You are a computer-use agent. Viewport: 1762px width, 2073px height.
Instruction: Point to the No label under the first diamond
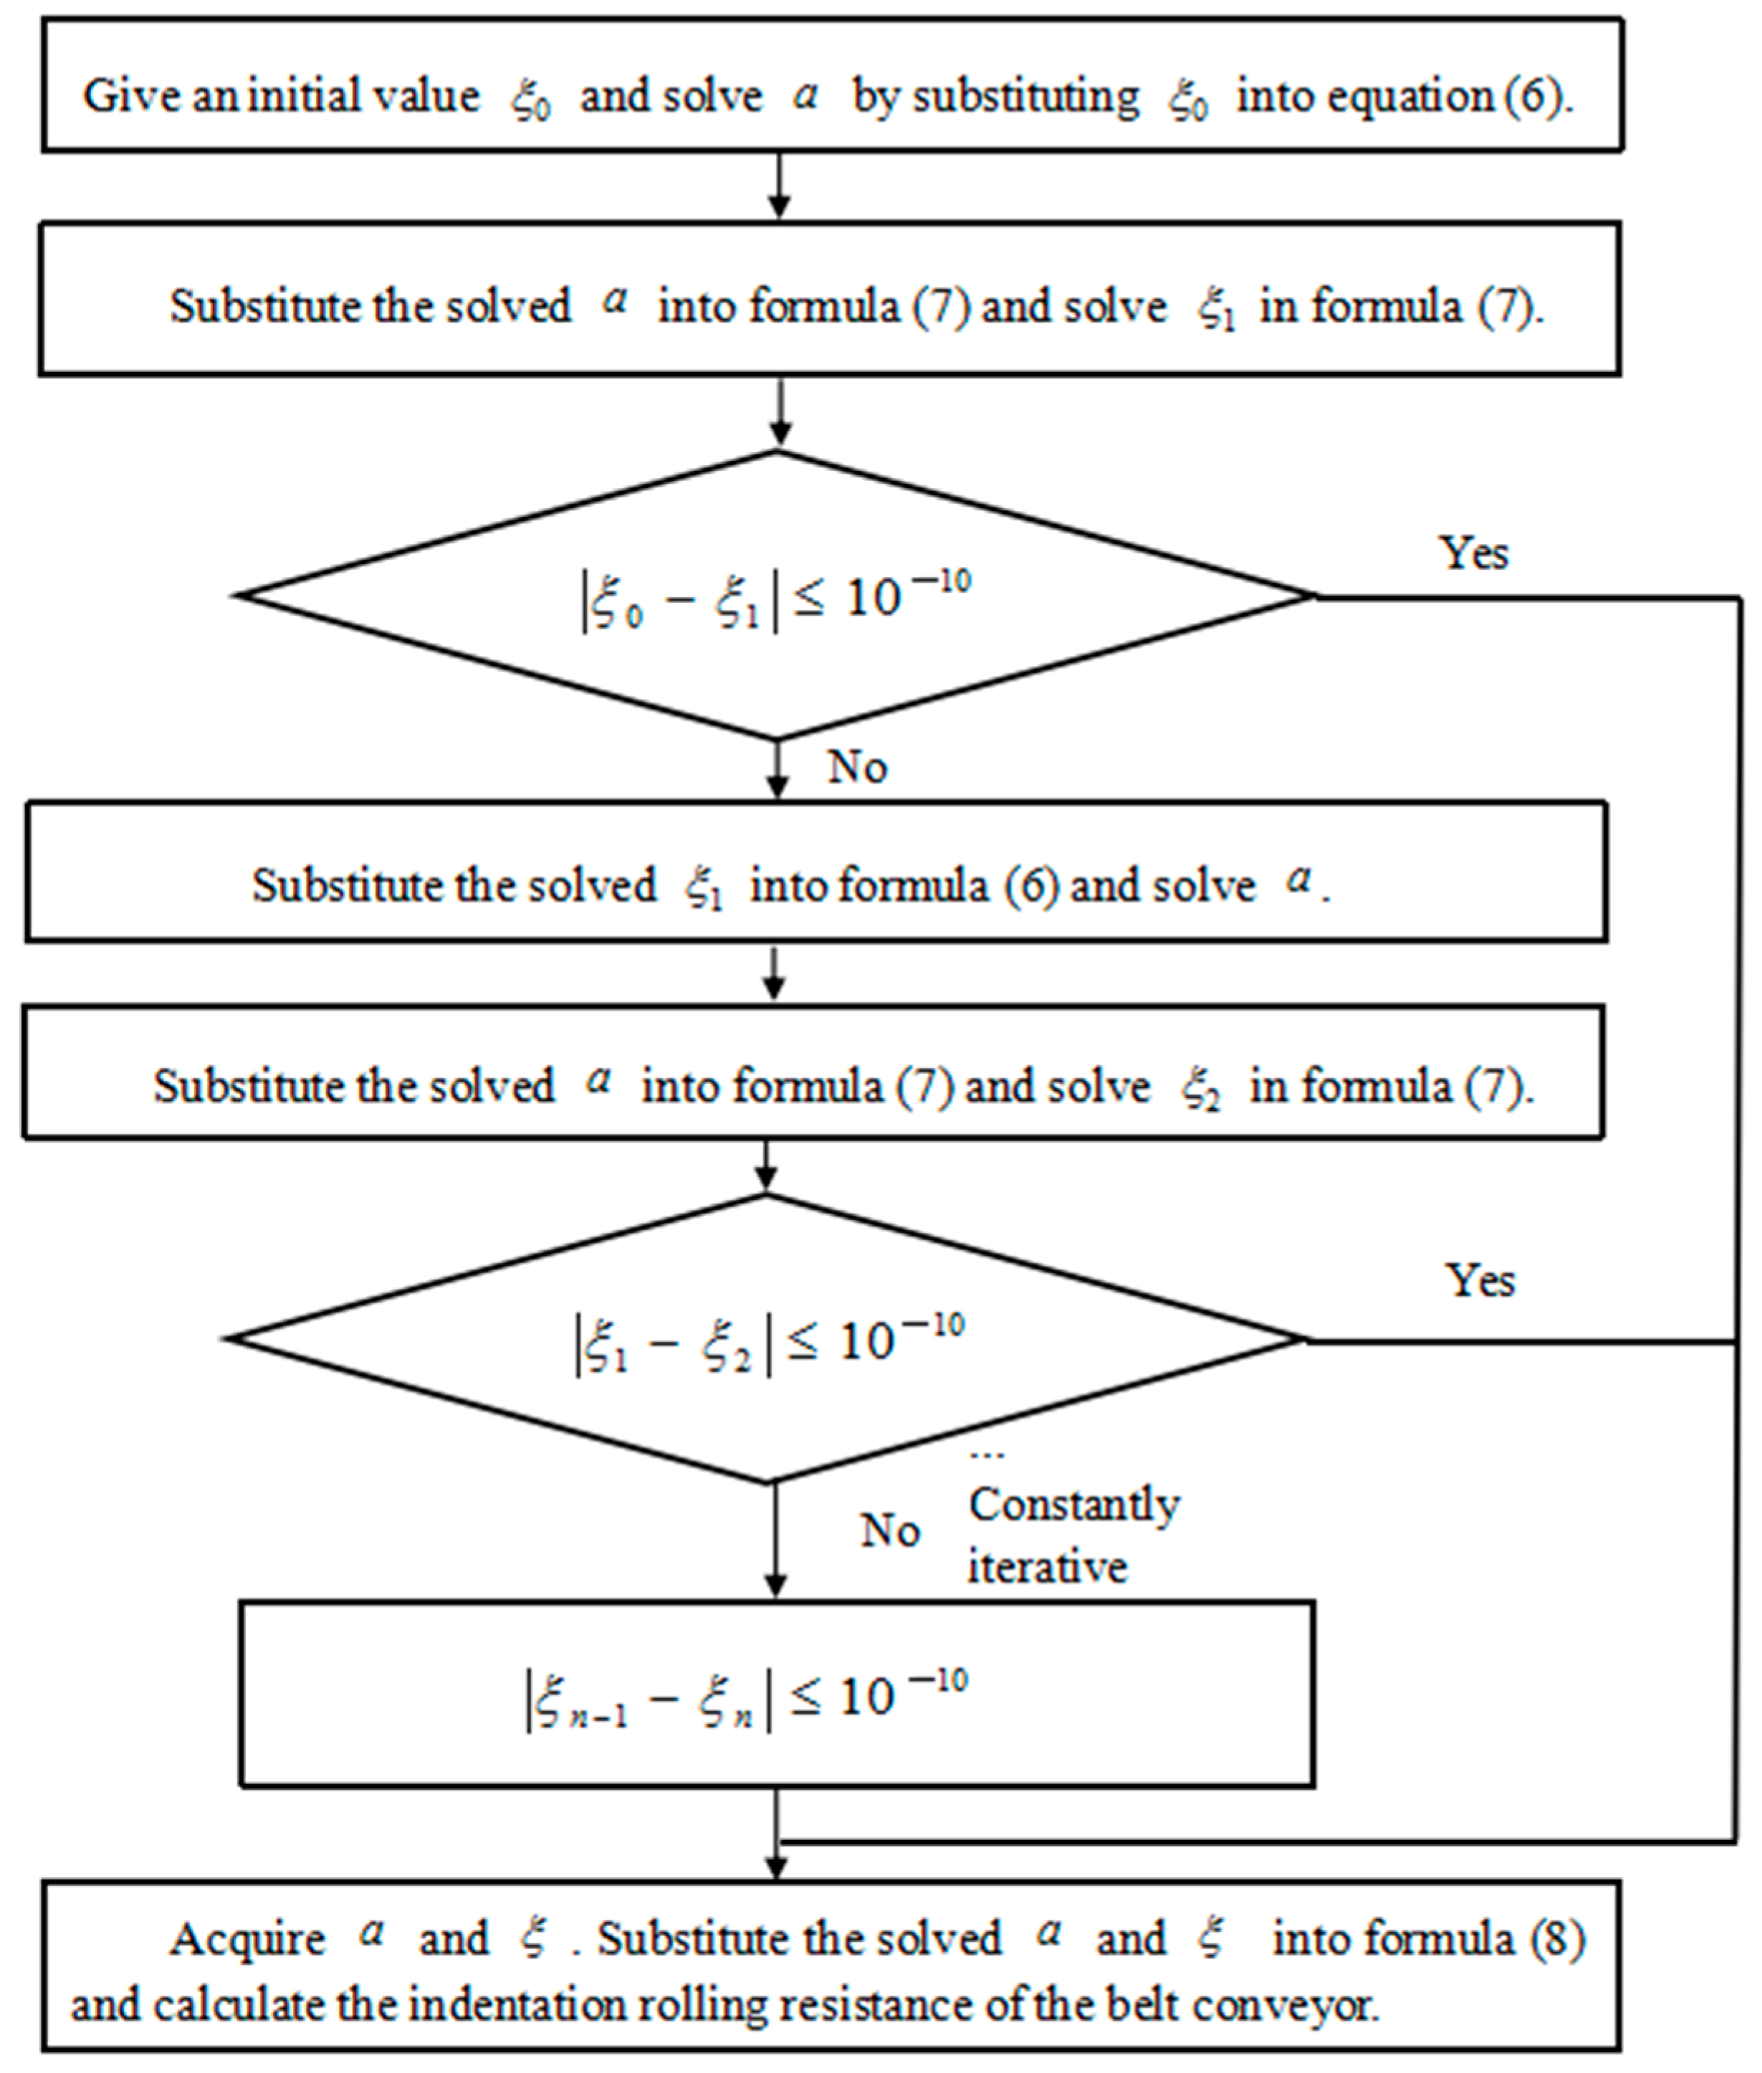pos(857,766)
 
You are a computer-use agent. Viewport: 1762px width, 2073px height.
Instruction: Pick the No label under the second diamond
pos(889,1530)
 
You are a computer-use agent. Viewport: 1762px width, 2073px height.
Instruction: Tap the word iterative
pos(1047,1566)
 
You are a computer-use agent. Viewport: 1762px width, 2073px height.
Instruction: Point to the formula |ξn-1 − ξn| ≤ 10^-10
pos(747,1700)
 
